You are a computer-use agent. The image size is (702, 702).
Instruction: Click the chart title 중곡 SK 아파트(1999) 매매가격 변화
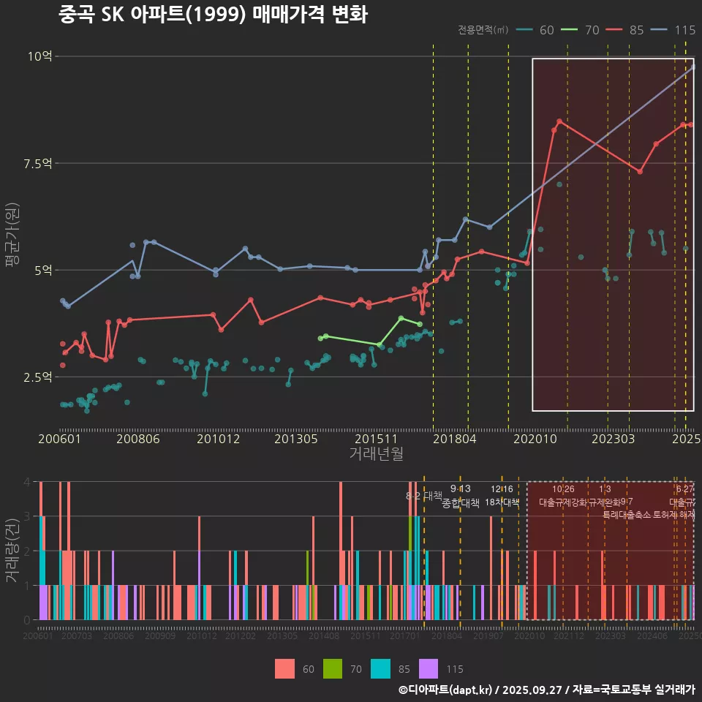click(213, 15)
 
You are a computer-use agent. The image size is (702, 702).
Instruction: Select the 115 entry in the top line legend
click(685, 30)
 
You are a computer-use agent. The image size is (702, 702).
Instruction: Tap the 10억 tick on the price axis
click(39, 56)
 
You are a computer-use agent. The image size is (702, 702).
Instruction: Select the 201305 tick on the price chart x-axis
click(295, 439)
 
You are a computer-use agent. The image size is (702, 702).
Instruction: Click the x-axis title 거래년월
click(376, 454)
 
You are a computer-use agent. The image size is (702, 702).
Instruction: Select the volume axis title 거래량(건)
click(12, 551)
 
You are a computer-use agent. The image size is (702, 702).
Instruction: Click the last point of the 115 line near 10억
click(693, 67)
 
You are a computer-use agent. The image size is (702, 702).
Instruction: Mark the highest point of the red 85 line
click(559, 121)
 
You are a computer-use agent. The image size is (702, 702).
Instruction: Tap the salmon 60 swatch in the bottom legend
click(284, 668)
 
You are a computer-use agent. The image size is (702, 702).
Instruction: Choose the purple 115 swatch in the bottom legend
click(428, 668)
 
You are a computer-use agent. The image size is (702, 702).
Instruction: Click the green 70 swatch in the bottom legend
click(333, 668)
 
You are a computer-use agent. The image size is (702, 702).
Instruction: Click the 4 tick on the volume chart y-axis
click(26, 482)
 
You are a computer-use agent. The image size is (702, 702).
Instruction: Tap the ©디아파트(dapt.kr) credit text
click(445, 689)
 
